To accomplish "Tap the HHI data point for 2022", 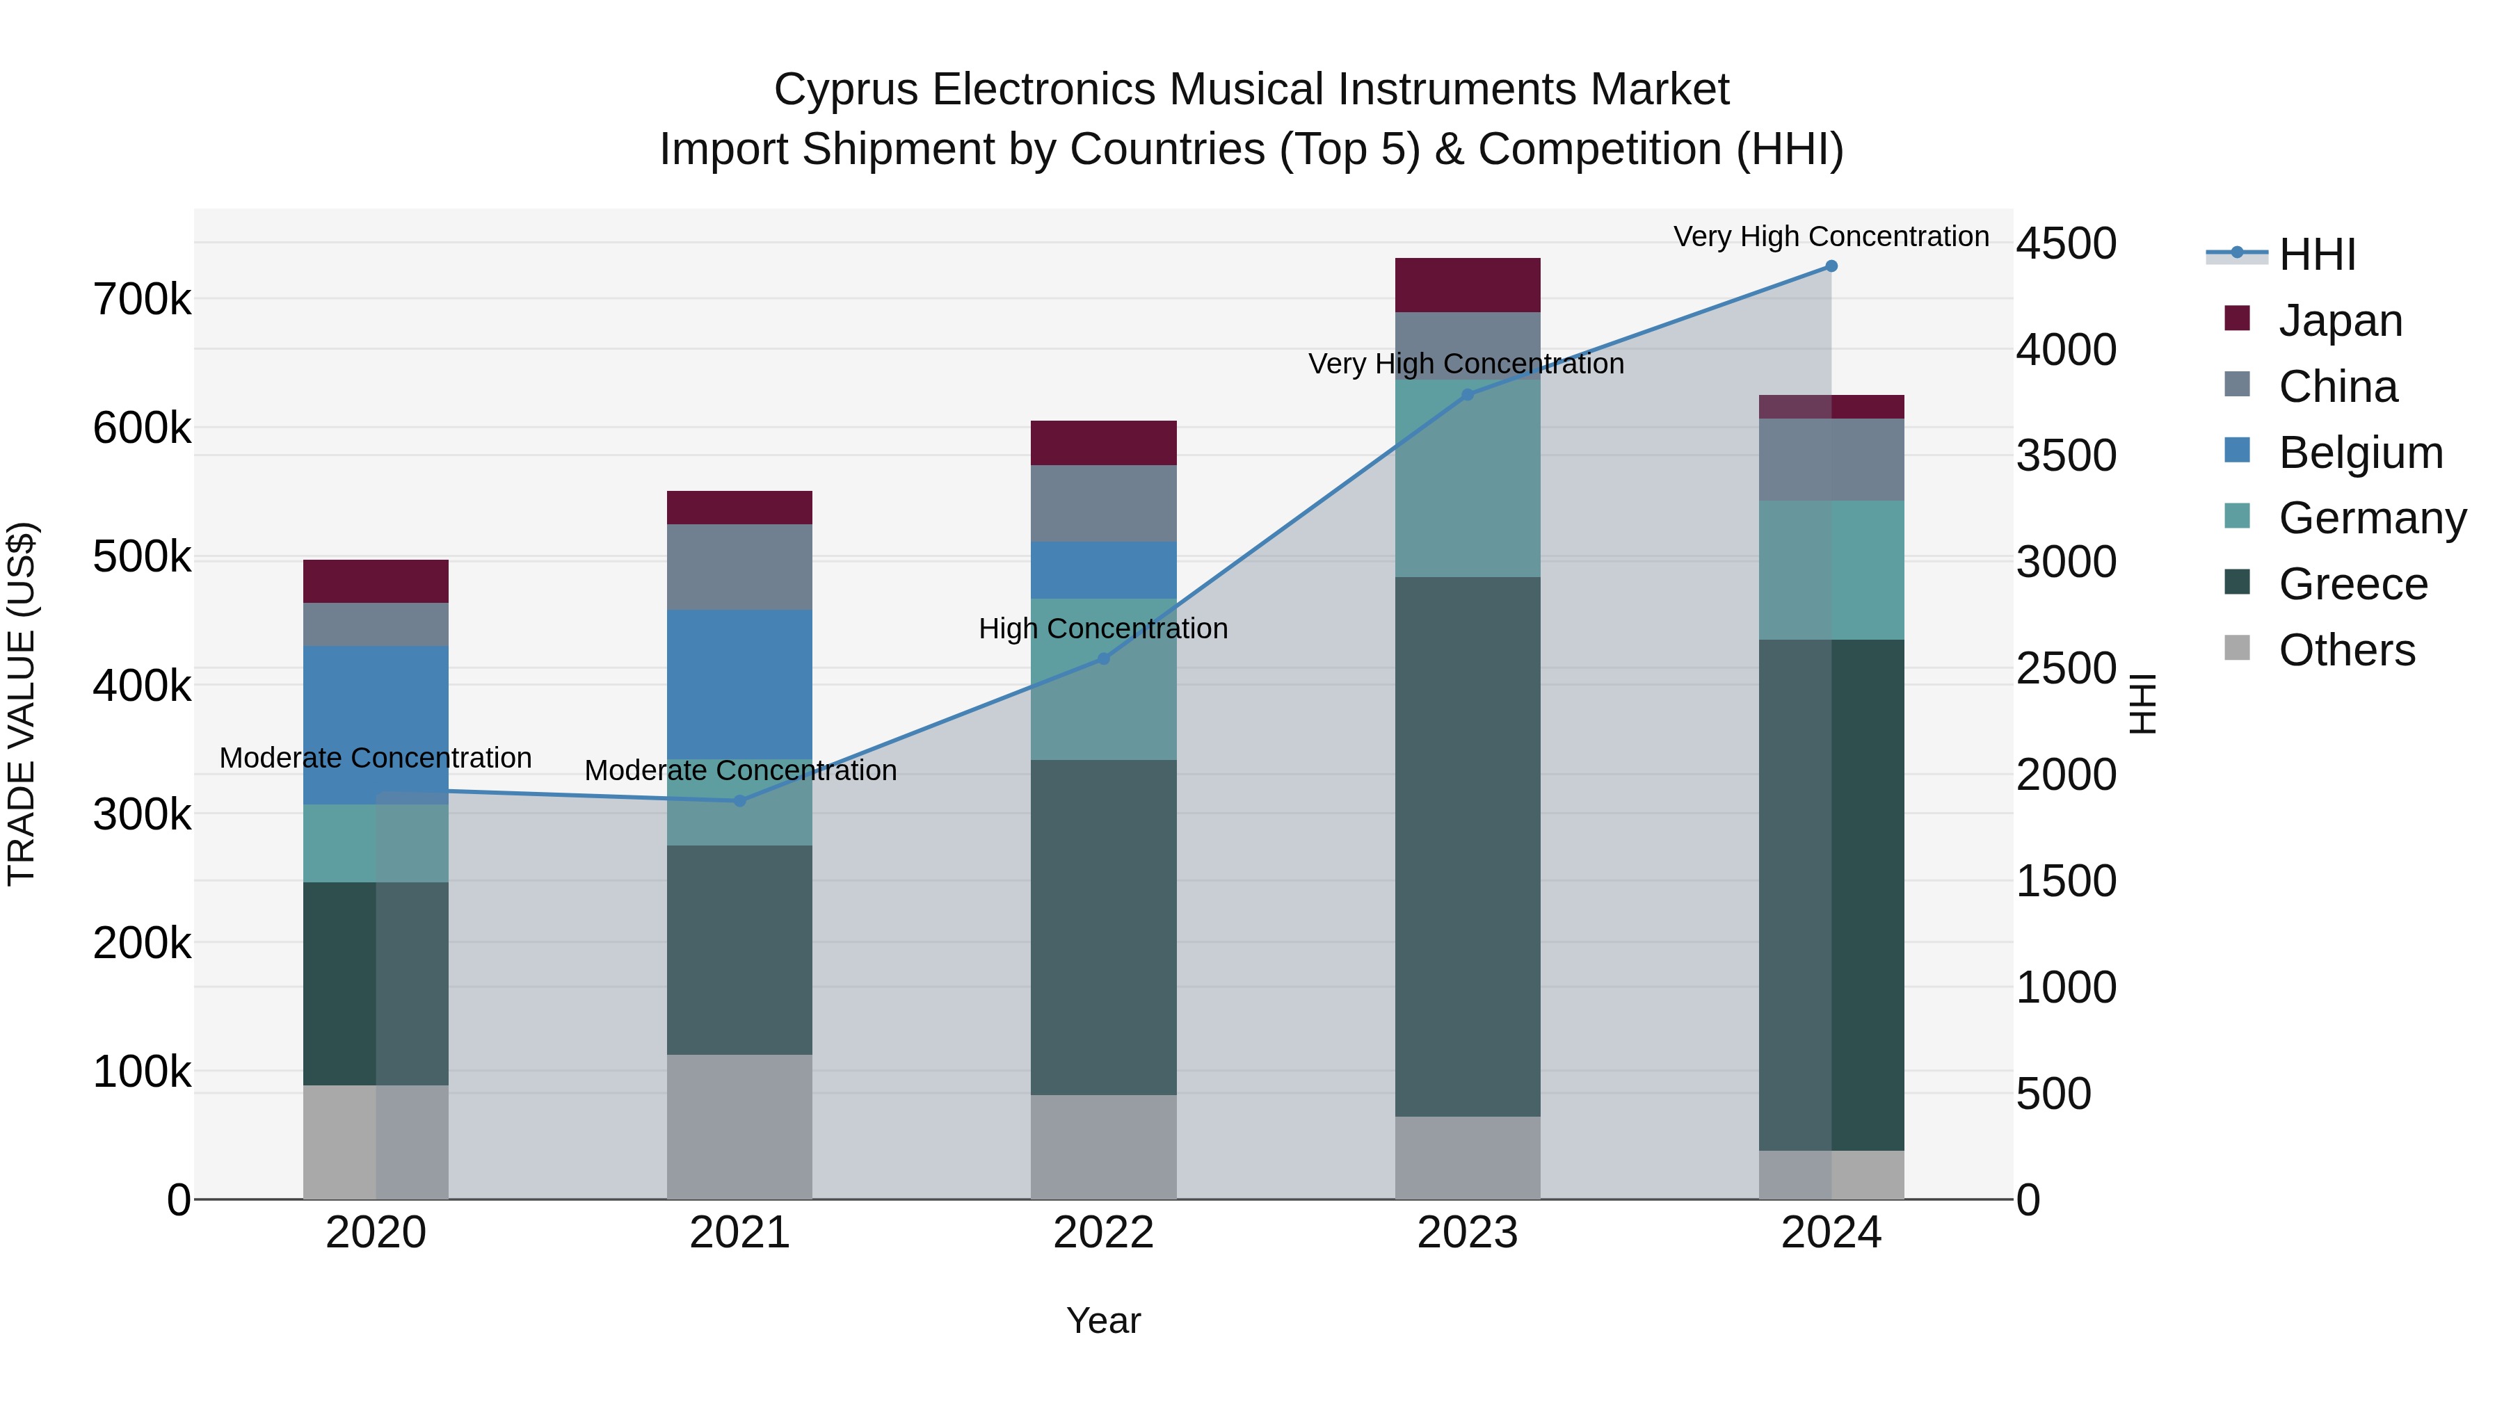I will coord(1103,659).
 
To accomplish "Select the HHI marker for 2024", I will coord(1831,266).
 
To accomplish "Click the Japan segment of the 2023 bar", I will coord(1467,284).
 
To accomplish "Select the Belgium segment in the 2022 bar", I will coord(1103,569).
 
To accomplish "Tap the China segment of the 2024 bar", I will coord(1831,460).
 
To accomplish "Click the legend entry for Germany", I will coord(2372,518).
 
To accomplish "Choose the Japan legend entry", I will coord(2340,321).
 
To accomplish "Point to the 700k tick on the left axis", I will coord(142,299).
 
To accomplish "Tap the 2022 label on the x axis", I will coord(1103,1233).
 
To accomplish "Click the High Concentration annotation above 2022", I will coord(1103,629).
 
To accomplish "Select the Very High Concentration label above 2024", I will coord(1831,237).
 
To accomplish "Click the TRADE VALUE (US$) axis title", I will coord(22,704).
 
